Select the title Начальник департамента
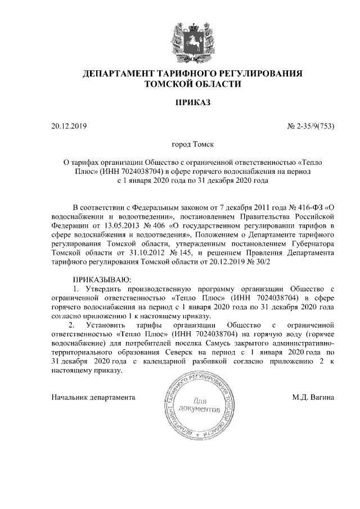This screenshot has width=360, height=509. click(x=93, y=397)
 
